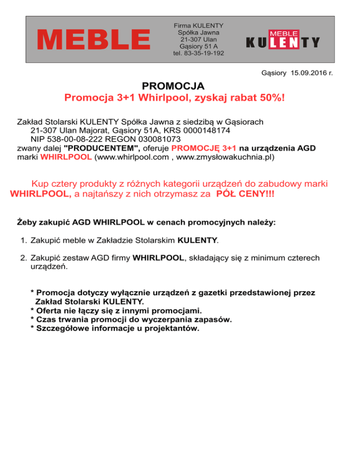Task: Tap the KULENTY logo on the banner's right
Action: point(283,40)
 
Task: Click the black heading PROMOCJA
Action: point(173,87)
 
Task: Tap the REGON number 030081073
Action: point(156,139)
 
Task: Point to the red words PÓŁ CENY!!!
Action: point(244,194)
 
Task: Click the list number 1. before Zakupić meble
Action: point(23,241)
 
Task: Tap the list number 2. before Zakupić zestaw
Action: point(23,257)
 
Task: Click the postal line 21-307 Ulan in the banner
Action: point(198,39)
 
